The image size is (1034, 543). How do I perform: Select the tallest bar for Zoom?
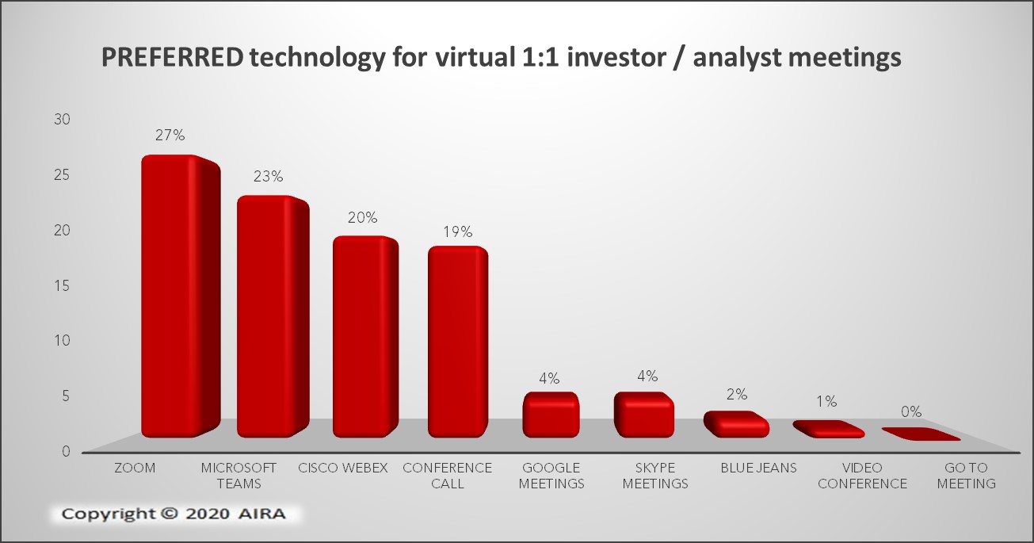point(180,296)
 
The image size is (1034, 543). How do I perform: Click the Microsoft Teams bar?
point(273,316)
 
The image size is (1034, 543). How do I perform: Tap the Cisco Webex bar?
point(365,337)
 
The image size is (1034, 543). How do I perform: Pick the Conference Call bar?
point(457,342)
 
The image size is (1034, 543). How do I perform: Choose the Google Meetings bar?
point(551,415)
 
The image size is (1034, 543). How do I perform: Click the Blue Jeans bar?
point(736,424)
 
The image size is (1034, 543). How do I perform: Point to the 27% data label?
point(170,135)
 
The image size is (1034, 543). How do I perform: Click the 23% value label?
point(268,176)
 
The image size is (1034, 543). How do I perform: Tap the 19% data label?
point(458,231)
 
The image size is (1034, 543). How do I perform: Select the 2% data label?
point(737,394)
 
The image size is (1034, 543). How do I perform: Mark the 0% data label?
point(911,411)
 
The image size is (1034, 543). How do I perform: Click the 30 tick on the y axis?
point(63,119)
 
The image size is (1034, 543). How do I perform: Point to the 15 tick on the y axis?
point(63,285)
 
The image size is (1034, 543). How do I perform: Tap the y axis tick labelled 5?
point(66,396)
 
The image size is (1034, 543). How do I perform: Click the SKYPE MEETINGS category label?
point(655,476)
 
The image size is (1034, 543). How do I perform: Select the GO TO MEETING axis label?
point(966,476)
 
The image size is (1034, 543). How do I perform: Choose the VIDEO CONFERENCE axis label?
point(862,476)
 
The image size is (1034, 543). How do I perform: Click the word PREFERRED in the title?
point(172,58)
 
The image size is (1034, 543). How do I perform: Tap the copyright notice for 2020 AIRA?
point(174,514)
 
